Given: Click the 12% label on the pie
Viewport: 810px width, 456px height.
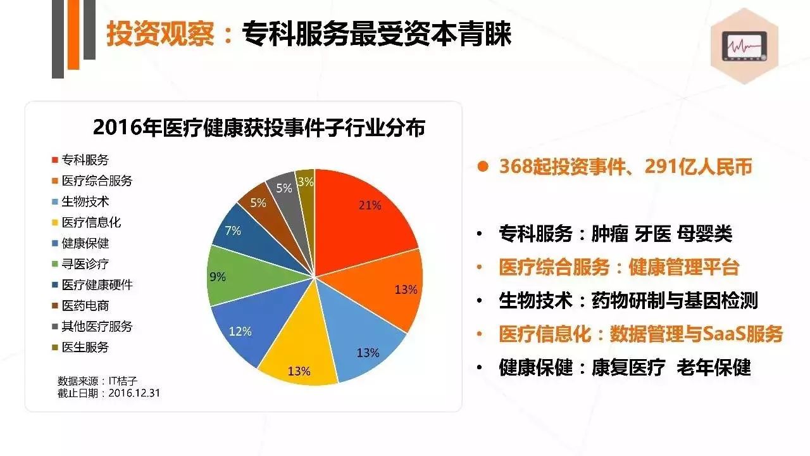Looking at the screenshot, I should coord(240,331).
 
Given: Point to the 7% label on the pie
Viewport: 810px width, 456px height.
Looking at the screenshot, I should coord(233,231).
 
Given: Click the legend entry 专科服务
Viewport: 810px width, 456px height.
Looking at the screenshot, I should coord(84,160).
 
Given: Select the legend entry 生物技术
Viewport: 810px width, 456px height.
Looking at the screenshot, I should coord(84,201).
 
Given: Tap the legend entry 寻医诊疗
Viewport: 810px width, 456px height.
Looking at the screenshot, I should coord(84,264).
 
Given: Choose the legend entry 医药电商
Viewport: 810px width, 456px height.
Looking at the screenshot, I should coord(84,306).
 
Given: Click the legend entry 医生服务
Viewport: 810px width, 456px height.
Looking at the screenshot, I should coord(84,347).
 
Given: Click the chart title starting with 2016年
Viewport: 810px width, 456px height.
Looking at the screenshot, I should coord(259,128).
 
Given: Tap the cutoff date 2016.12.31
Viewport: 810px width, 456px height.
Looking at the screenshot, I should coord(134,393).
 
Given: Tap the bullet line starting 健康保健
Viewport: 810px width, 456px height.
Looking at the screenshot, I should coord(624,367).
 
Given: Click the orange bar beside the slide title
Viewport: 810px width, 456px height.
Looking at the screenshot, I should coord(73,35).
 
